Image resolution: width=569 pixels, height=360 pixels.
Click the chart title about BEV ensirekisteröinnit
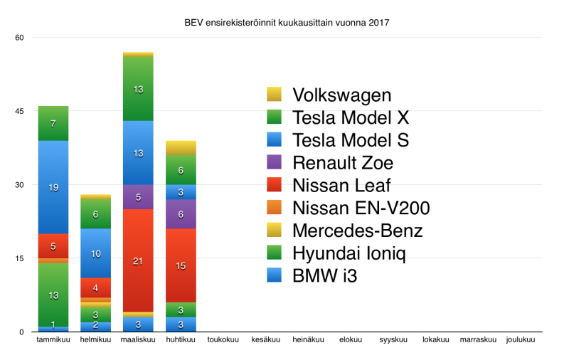point(287,23)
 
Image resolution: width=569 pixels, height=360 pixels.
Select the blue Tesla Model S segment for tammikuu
point(53,187)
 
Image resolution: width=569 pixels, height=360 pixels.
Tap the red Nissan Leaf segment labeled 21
point(138,260)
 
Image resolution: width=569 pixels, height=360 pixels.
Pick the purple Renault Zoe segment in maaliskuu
point(138,197)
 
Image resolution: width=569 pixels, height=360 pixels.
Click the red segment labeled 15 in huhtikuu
point(181,265)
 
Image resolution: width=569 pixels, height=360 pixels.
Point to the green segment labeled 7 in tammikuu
point(53,124)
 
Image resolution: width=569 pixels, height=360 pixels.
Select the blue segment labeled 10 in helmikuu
point(95,253)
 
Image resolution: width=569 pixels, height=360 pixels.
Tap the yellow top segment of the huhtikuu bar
point(181,147)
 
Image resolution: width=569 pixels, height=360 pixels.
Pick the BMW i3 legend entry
point(324,276)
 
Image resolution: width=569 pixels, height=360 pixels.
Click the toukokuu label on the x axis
point(223,340)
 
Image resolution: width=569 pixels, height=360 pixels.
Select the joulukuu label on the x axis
point(520,340)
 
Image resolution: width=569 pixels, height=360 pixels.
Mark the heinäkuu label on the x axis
point(308,340)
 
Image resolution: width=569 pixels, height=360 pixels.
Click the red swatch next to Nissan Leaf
point(275,186)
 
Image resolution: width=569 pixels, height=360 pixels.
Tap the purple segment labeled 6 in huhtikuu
point(181,213)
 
